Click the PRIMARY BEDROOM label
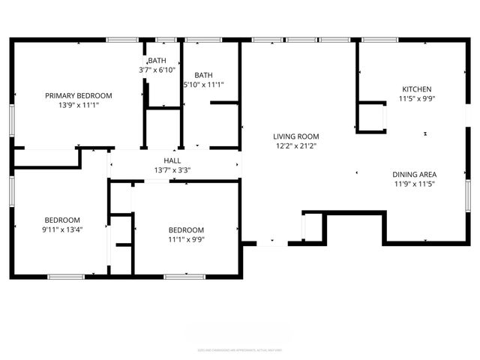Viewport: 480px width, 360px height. point(79,95)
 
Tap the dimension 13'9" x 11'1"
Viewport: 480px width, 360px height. point(79,105)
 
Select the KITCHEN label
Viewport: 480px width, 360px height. point(416,88)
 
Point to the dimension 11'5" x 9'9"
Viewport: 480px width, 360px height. point(416,98)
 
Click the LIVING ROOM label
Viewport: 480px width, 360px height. point(295,136)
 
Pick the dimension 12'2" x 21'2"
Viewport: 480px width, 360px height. point(295,146)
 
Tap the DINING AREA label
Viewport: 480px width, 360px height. point(414,174)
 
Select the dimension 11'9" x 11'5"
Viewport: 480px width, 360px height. point(414,184)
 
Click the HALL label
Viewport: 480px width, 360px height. point(172,160)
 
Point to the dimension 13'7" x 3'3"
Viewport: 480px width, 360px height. point(172,170)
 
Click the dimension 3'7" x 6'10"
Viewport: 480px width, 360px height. point(157,70)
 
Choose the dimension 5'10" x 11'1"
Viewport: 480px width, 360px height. point(203,85)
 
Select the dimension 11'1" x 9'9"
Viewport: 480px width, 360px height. point(186,239)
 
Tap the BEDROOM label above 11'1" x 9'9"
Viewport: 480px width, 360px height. point(186,229)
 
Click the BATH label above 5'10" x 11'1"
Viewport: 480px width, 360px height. point(203,75)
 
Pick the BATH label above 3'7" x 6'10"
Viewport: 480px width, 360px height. point(157,60)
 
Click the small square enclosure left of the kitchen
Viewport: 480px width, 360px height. point(370,117)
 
